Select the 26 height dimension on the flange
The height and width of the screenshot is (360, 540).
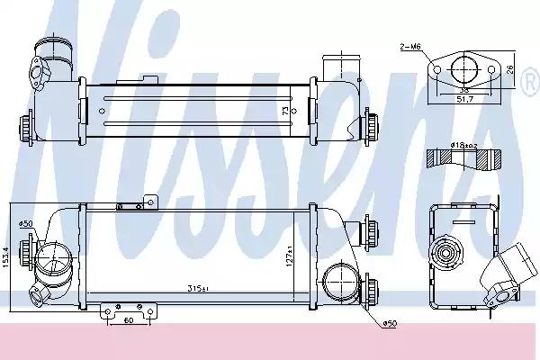(510, 68)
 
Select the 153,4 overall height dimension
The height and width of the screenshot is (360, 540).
(8, 253)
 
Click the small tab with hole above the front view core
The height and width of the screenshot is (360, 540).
(150, 202)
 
